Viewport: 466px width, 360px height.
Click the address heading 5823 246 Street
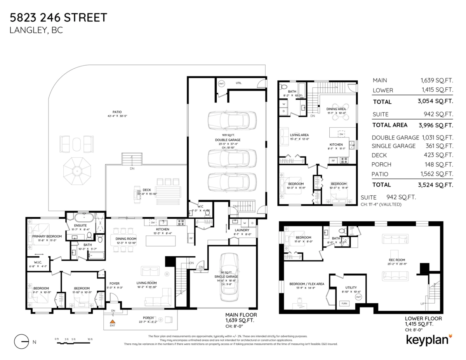point(58,17)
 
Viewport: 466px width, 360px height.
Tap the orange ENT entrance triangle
point(113,322)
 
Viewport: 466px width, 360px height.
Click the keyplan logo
point(429,339)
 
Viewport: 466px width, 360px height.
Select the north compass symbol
point(22,342)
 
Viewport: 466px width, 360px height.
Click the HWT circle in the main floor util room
point(221,84)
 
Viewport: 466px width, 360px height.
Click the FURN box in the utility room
point(344,303)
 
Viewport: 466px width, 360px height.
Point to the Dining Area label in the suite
point(336,109)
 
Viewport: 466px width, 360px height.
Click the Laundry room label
point(242,230)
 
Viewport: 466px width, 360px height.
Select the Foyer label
point(114,283)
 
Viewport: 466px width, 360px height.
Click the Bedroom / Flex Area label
point(307,284)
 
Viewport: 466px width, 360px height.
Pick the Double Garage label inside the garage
point(228,140)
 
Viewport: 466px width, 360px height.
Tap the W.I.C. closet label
point(35,262)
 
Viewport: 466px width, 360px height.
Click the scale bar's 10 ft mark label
point(90,339)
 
